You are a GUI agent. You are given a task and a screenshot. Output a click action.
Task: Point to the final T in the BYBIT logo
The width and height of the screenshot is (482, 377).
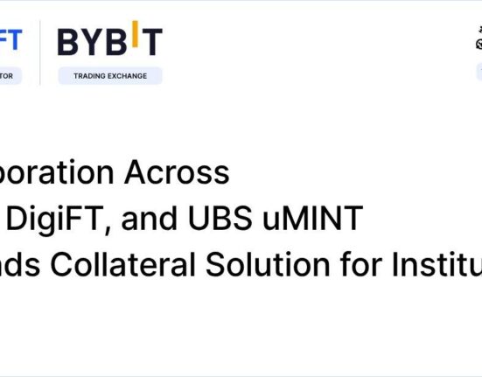(151, 41)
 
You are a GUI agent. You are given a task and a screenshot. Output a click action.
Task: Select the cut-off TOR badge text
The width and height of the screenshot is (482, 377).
(10, 76)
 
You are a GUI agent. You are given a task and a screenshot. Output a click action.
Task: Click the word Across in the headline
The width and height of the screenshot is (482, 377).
(178, 173)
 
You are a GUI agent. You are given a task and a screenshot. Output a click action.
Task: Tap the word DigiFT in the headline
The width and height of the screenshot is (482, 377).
(59, 219)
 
